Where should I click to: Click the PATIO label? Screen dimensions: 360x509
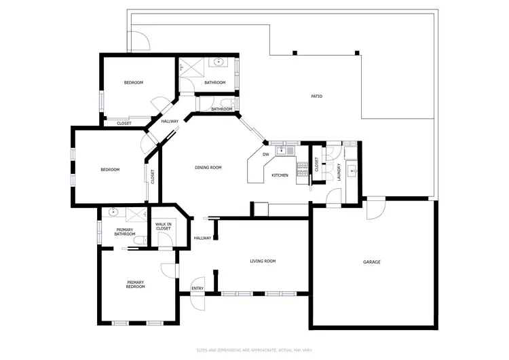click(x=316, y=96)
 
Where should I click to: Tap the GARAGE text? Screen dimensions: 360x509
click(x=371, y=262)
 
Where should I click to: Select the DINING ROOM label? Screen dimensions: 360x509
click(x=208, y=167)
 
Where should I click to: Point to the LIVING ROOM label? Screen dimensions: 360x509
click(x=263, y=261)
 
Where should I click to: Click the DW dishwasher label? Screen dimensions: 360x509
click(x=266, y=154)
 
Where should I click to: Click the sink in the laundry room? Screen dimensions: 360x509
click(x=352, y=170)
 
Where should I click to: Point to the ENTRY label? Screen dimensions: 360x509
click(x=197, y=289)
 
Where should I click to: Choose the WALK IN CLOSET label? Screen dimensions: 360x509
click(x=164, y=227)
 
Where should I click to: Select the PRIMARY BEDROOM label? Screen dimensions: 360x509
click(x=136, y=284)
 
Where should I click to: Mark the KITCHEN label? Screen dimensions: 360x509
click(x=280, y=175)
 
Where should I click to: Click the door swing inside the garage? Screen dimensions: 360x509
click(x=373, y=210)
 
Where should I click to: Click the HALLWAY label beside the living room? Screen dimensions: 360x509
click(x=203, y=238)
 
